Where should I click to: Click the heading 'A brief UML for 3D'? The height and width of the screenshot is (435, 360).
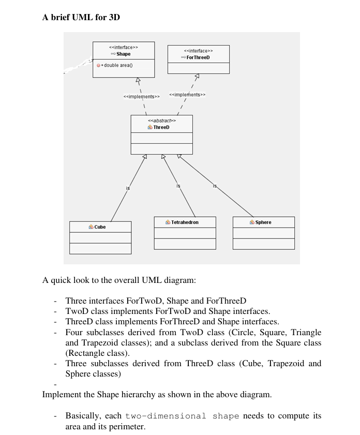81,17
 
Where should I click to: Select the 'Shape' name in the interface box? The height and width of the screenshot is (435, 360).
123,54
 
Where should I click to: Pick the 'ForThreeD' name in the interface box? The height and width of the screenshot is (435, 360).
198,57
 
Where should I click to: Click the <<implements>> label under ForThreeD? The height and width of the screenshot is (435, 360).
187,95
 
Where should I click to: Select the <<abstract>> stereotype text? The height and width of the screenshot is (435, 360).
161,121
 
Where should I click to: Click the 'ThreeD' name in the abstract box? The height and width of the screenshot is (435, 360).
161,127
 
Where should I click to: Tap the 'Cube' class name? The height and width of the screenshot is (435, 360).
100,227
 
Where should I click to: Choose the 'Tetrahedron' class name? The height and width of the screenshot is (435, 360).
185,222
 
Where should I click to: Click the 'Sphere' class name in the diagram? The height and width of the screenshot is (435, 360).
263,222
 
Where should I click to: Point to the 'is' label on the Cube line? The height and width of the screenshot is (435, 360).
128,189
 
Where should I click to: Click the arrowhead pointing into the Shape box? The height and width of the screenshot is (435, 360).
137,80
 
